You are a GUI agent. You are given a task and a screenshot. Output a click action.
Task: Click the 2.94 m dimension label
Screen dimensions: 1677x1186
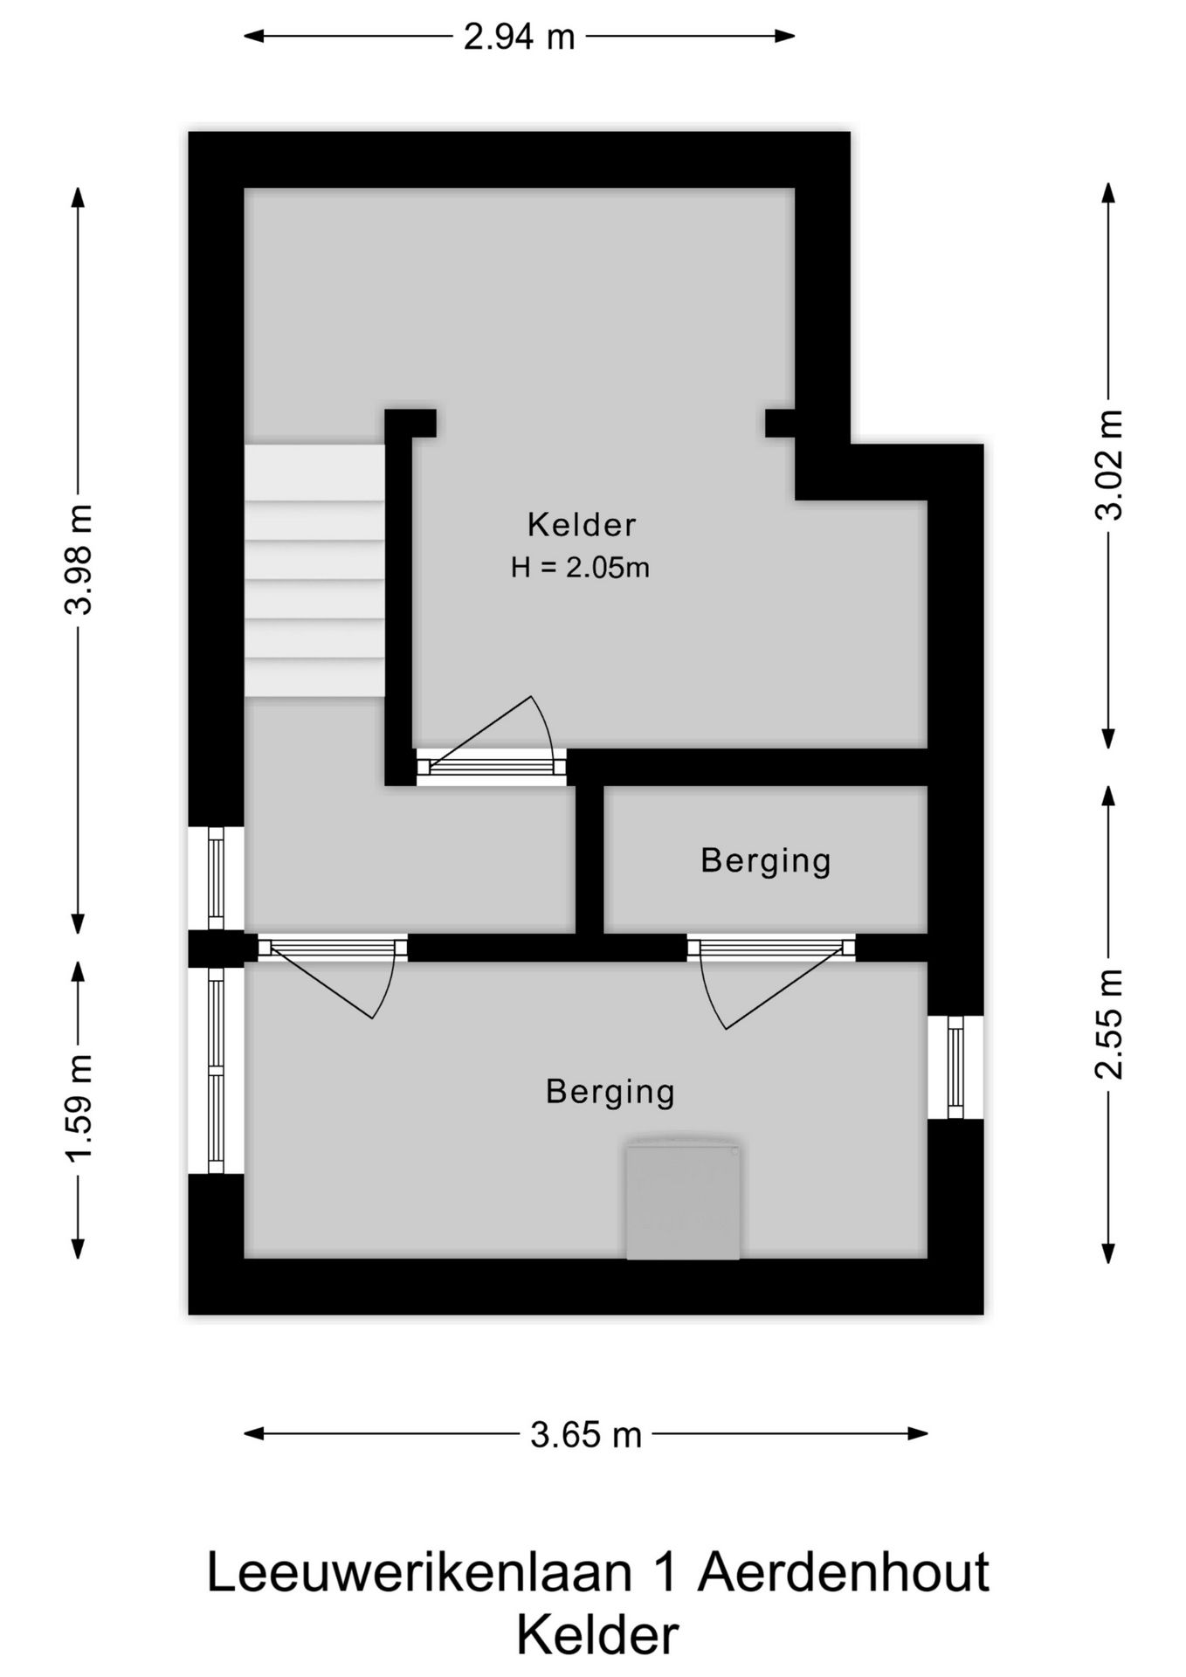pyautogui.click(x=519, y=37)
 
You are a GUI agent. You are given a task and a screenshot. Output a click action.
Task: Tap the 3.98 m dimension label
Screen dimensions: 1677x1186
pyautogui.click(x=79, y=560)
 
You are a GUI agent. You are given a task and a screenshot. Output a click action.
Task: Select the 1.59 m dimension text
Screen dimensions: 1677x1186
pyautogui.click(x=79, y=1109)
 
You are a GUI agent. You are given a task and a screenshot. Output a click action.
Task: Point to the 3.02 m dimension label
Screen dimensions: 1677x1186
pyautogui.click(x=1109, y=465)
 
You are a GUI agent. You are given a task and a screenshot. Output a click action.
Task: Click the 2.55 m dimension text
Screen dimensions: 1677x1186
pyautogui.click(x=1109, y=1024)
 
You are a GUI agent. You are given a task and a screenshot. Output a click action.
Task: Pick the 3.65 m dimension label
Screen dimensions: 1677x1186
pyautogui.click(x=585, y=1434)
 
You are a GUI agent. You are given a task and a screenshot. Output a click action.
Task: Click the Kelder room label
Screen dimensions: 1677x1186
pyautogui.click(x=582, y=525)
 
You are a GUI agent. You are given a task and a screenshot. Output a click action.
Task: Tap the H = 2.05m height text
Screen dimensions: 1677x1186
pyautogui.click(x=580, y=569)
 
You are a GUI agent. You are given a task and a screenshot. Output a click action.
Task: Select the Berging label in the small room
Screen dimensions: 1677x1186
pyautogui.click(x=765, y=861)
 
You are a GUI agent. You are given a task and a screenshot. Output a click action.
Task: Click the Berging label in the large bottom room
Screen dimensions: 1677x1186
pyautogui.click(x=610, y=1092)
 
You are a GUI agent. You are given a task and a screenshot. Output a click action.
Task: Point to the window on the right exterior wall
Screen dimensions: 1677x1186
pyautogui.click(x=955, y=1066)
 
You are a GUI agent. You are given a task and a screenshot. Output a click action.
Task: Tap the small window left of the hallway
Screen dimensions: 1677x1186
pyautogui.click(x=215, y=878)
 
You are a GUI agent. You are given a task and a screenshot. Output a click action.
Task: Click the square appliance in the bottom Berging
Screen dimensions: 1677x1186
pyautogui.click(x=683, y=1199)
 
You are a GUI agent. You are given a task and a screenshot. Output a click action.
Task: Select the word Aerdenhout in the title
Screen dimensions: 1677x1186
pyautogui.click(x=843, y=1573)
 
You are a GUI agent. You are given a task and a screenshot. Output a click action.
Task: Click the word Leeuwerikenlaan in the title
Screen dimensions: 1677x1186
pyautogui.click(x=419, y=1573)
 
